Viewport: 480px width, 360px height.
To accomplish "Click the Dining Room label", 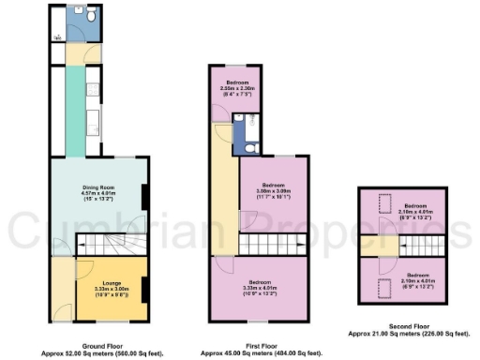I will (97, 190).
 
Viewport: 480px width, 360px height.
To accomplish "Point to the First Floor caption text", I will (261, 343).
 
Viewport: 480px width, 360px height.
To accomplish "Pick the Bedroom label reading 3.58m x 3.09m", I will (273, 189).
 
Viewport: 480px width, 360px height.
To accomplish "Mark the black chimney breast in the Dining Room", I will (143, 196).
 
